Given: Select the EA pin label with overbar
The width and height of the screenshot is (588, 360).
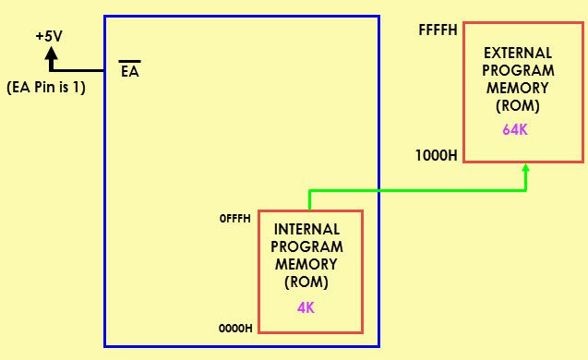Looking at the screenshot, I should click(x=130, y=71).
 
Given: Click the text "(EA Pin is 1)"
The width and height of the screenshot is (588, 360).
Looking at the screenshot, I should click(x=46, y=89).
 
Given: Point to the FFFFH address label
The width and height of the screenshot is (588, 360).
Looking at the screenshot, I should click(x=438, y=30).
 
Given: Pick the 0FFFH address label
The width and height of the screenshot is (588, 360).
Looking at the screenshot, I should click(x=235, y=220).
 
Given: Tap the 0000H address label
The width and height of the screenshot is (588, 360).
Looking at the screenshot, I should click(x=235, y=328).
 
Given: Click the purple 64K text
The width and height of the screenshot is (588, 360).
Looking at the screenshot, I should click(x=515, y=129).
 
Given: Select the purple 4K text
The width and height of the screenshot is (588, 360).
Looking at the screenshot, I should click(x=306, y=307).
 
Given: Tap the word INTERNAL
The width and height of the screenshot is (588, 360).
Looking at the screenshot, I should click(x=307, y=229).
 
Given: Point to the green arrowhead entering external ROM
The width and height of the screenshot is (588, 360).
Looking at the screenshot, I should click(x=526, y=171).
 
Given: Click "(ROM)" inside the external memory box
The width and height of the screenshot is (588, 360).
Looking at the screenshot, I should click(x=518, y=105).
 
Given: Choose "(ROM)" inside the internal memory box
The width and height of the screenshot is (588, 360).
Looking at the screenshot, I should click(x=307, y=282).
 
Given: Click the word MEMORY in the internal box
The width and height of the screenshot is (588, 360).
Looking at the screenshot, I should click(x=307, y=264).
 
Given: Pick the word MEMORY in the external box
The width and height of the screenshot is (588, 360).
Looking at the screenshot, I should click(x=519, y=88).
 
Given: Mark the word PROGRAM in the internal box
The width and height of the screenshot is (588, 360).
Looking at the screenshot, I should click(x=307, y=246).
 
